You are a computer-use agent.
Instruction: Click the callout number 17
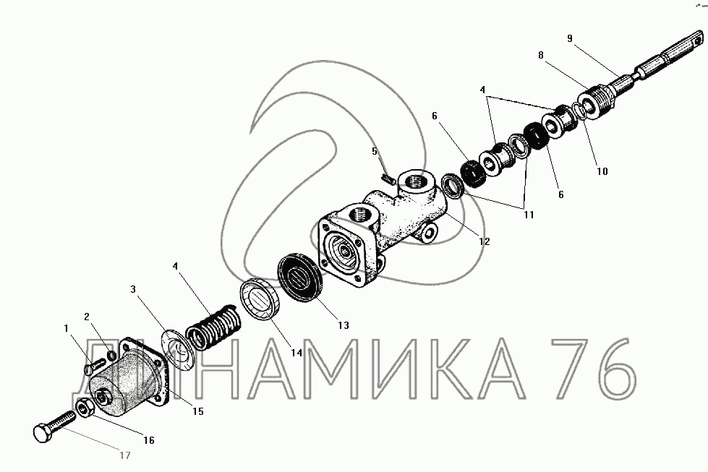pos(125,455)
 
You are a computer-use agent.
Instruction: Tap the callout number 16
pos(149,440)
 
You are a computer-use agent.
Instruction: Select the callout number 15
pos(198,411)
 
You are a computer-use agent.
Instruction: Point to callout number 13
pos(344,325)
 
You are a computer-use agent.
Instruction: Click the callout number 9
pos(570,38)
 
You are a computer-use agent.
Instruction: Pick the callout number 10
pos(602,171)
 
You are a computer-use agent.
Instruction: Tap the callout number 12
pos(485,241)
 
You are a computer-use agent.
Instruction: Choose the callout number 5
pos(375,151)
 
